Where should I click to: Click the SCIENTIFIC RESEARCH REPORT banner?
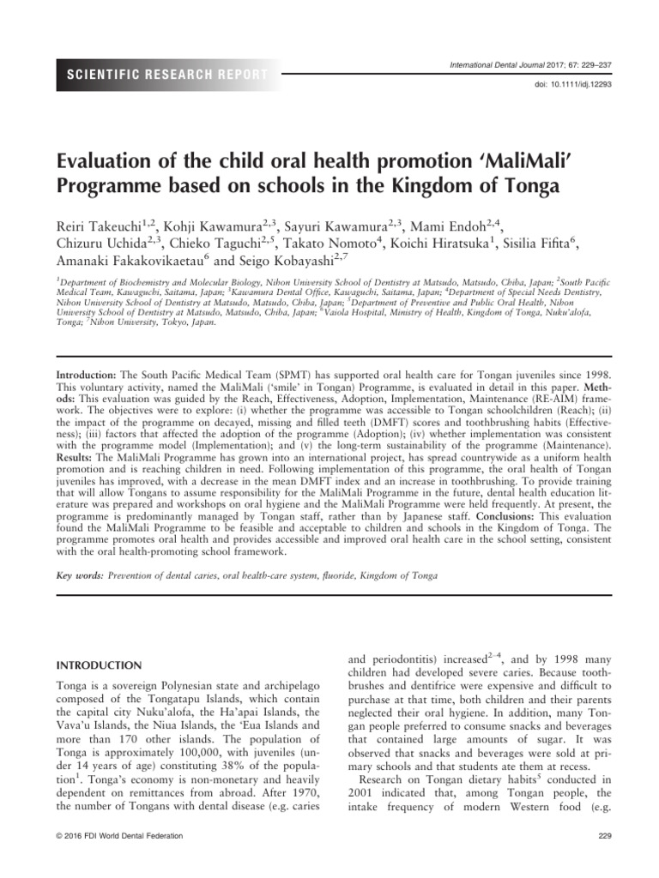[x=163, y=75]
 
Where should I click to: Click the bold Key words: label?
[x=80, y=575]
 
